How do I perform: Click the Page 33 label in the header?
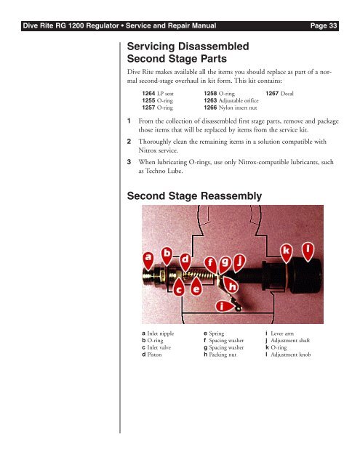[324, 26]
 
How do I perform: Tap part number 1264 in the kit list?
[148, 94]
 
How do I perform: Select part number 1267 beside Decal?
[272, 94]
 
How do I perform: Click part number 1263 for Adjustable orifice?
[210, 100]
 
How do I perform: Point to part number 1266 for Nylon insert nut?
[210, 108]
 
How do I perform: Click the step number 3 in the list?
[129, 162]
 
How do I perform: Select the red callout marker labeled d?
[185, 262]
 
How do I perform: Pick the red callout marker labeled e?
[196, 287]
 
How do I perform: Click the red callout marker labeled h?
[231, 285]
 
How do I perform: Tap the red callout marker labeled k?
[287, 253]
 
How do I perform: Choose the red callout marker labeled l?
[308, 251]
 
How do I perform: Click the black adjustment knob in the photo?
[305, 275]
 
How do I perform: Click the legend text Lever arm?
[282, 333]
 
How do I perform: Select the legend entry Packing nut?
[223, 355]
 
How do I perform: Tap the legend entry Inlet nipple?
[161, 333]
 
